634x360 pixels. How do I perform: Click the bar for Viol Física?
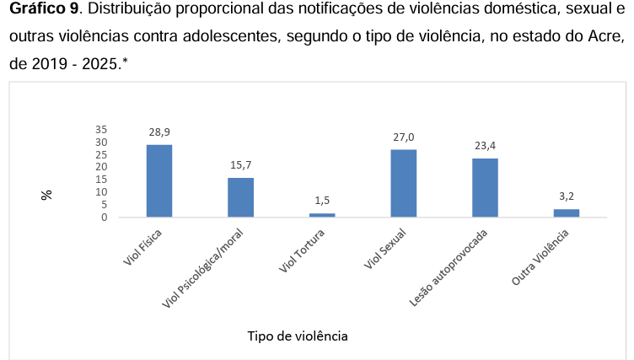[x=159, y=180]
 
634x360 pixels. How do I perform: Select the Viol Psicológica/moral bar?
[x=240, y=197]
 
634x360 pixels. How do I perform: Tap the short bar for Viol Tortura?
[x=322, y=215]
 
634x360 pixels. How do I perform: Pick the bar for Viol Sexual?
[x=404, y=183]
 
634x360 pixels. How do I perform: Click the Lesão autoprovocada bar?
[x=486, y=188]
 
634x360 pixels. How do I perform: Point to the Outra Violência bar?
[x=567, y=213]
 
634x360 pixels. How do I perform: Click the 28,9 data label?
[x=159, y=132]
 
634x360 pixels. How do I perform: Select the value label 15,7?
[x=241, y=165]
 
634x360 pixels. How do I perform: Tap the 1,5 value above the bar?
[x=322, y=200]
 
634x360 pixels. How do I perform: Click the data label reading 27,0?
[x=404, y=137]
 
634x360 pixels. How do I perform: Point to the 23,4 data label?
[x=486, y=146]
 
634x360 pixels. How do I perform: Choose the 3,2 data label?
[x=567, y=196]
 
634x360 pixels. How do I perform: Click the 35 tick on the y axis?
[x=101, y=130]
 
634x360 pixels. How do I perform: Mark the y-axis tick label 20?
[x=101, y=167]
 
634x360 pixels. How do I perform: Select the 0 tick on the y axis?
[x=105, y=218]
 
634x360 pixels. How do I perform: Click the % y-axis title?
[x=46, y=195]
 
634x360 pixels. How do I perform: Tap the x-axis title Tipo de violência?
[x=298, y=336]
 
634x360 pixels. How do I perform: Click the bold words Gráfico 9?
[x=44, y=8]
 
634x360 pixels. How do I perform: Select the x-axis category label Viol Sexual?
[x=384, y=249]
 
